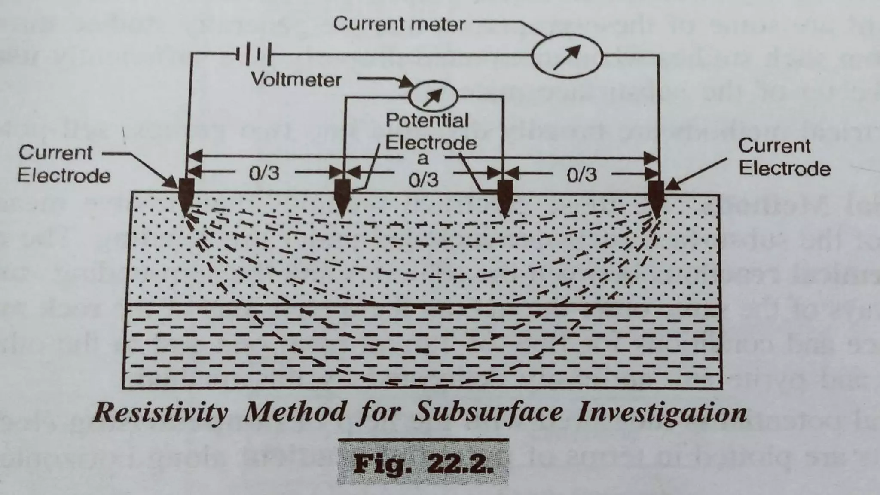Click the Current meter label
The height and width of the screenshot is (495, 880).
(399, 24)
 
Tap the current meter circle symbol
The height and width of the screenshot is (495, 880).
(567, 56)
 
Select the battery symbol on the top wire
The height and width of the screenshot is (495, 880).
(254, 55)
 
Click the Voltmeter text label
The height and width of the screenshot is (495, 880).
(296, 79)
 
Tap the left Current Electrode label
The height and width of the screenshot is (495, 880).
(64, 164)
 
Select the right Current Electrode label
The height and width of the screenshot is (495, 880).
(784, 157)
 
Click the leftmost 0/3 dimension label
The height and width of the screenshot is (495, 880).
(264, 173)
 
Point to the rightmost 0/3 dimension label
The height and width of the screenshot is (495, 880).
(581, 174)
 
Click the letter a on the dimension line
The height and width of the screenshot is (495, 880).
(423, 159)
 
